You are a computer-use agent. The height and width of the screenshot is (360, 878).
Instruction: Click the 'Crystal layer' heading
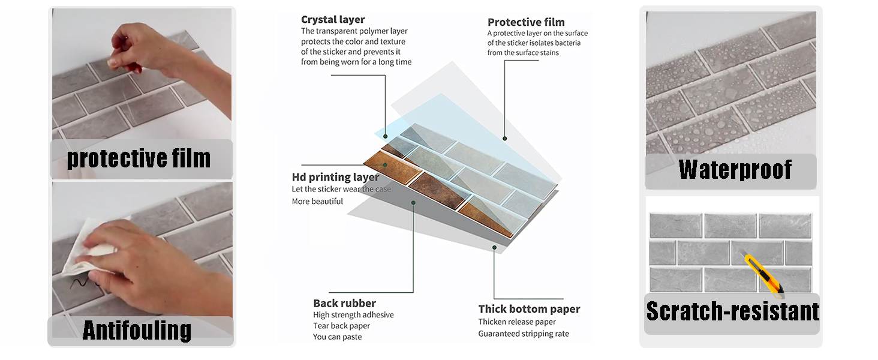tap(333, 19)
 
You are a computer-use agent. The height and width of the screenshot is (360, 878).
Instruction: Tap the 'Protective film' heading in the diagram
tap(526, 22)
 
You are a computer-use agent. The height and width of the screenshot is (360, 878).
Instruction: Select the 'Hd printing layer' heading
tap(335, 177)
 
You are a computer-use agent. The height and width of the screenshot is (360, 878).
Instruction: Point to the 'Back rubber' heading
tap(344, 303)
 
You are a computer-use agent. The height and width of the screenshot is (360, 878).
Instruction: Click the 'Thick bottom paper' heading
tap(529, 309)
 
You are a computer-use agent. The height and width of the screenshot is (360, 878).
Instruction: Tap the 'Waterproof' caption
tap(735, 170)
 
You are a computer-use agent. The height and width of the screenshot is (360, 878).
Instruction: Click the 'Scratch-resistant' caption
tap(733, 311)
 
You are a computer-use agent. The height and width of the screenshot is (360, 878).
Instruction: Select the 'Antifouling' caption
tap(137, 330)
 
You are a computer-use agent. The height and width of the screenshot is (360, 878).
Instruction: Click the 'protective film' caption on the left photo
tap(139, 158)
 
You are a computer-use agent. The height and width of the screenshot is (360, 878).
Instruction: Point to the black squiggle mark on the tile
tap(80, 281)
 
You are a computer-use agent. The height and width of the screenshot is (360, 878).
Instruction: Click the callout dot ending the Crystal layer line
tap(385, 136)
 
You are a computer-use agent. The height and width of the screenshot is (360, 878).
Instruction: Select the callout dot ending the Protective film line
tap(505, 139)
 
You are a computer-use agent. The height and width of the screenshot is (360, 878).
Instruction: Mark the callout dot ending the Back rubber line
tap(413, 203)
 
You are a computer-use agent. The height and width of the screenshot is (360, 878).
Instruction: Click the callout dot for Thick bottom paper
tap(494, 247)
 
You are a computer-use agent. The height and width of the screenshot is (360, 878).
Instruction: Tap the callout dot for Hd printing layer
tap(385, 165)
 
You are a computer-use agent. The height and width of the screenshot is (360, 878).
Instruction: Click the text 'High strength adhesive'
tap(353, 315)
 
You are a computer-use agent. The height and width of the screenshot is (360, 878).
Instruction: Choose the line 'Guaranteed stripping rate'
tap(524, 334)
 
